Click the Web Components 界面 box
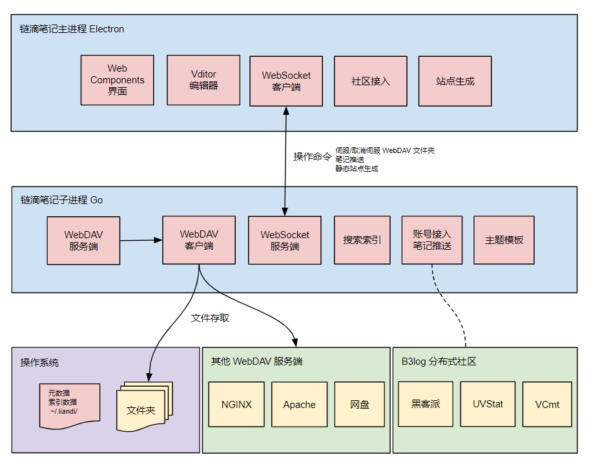point(117,80)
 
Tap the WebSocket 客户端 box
point(285,80)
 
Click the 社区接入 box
point(370,81)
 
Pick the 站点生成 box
point(455,81)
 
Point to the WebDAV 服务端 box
point(83,240)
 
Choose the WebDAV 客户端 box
point(199,239)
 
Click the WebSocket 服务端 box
point(284,240)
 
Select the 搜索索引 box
point(362,240)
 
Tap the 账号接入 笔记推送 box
point(431,239)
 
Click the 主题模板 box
point(504,240)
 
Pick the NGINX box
point(236,405)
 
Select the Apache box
point(299,405)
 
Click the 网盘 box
point(360,405)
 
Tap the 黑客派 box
point(425,404)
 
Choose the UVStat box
point(488,404)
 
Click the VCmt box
point(547,404)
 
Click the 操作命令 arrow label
point(312,157)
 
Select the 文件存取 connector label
point(210,318)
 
